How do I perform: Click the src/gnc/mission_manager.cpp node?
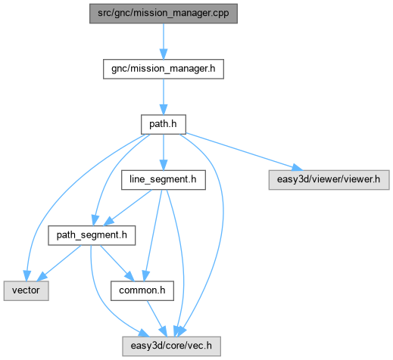(164, 14)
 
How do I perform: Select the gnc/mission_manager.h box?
(164, 69)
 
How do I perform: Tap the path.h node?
(164, 124)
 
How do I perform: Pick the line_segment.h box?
(164, 180)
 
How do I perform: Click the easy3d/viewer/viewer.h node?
(329, 180)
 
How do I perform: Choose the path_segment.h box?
(92, 235)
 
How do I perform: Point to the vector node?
(26, 290)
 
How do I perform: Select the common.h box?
(142, 290)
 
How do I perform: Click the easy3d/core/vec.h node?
(172, 346)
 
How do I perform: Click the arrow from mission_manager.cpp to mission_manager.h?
(164, 42)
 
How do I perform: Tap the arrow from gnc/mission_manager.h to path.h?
(164, 97)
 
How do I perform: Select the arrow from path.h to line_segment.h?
(164, 152)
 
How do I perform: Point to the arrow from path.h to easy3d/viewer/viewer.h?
(244, 151)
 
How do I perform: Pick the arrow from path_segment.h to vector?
(59, 263)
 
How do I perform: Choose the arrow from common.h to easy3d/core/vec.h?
(157, 318)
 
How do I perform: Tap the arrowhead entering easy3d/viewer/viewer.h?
(297, 167)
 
